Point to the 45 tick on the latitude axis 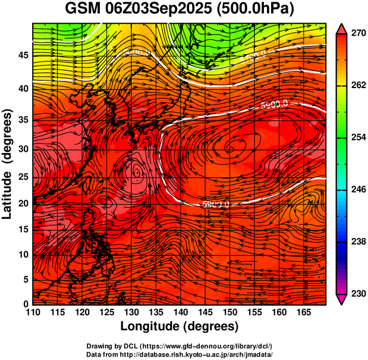21,55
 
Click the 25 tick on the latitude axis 21,177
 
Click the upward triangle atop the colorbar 342,29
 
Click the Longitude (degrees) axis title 179,327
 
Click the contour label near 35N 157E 274,104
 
